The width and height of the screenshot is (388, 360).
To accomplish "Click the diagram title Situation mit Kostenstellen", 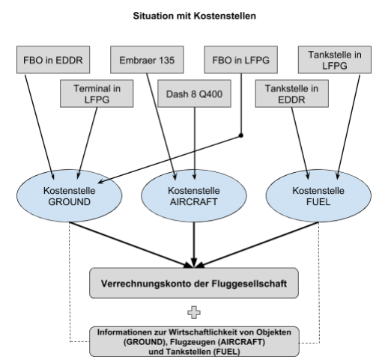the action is [194, 16].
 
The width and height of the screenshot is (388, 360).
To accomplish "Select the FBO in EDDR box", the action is [53, 60].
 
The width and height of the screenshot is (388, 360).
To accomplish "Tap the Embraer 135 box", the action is [147, 60].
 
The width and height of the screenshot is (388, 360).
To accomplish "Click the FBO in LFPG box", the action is [241, 60].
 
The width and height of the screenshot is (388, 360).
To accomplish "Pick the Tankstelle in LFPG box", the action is [335, 60].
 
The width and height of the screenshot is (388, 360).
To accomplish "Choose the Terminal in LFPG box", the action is [97, 94].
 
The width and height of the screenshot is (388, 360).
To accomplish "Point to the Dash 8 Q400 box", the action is [195, 94].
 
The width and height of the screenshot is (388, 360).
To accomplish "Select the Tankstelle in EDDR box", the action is [292, 94].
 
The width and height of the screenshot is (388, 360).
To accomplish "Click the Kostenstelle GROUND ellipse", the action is [70, 196].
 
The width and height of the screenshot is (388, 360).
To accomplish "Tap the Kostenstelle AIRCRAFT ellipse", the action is [194, 196].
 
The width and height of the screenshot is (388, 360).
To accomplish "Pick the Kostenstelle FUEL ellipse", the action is [318, 196].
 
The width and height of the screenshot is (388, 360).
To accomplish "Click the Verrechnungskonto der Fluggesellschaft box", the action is [194, 283].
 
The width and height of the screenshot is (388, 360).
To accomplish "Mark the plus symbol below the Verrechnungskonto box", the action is [194, 313].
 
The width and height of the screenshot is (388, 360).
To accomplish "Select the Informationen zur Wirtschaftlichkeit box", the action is [194, 341].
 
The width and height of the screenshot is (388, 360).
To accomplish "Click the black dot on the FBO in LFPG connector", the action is [241, 135].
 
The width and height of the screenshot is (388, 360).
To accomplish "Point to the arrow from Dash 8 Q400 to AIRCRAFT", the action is [195, 144].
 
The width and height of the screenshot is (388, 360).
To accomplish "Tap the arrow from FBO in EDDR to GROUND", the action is [39, 126].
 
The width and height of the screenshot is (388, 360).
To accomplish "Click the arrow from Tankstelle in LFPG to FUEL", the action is [348, 126].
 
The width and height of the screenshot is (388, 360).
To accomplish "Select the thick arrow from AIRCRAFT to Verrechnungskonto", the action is [194, 245].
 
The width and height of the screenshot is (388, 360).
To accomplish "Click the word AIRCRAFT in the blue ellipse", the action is [194, 202].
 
